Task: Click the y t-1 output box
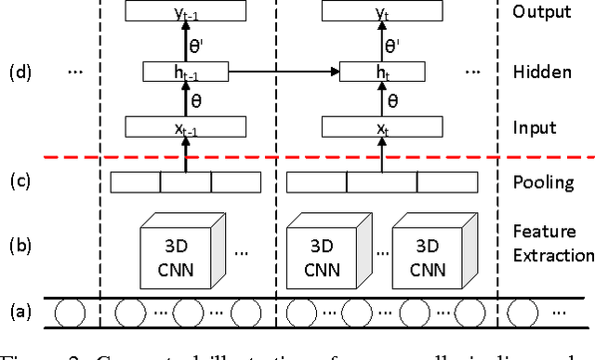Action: pyautogui.click(x=196, y=11)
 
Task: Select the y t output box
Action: pyautogui.click(x=380, y=11)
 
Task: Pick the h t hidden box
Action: pyautogui.click(x=380, y=71)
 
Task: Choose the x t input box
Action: pyautogui.click(x=380, y=128)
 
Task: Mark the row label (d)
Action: pyautogui.click(x=20, y=72)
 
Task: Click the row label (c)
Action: pyautogui.click(x=20, y=181)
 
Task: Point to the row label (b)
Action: pyautogui.click(x=20, y=247)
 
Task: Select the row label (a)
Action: pyautogui.click(x=20, y=311)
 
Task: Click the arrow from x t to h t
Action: pyautogui.click(x=380, y=100)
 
